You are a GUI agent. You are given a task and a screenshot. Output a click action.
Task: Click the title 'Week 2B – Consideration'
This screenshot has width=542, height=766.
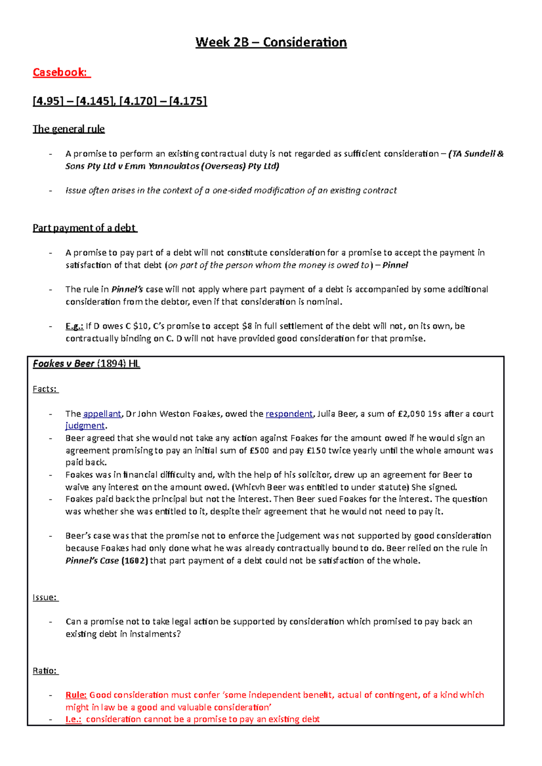[x=271, y=42]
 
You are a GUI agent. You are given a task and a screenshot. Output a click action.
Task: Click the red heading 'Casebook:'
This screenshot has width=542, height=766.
[x=61, y=72]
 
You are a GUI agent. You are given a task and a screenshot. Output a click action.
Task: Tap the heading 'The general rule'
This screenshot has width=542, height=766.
[x=69, y=129]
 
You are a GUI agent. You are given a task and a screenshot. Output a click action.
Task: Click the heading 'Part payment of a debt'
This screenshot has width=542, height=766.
[x=84, y=228]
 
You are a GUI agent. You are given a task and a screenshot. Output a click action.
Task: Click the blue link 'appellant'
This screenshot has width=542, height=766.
[x=102, y=414]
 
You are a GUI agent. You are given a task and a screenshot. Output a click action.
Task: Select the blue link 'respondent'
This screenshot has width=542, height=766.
[x=289, y=414]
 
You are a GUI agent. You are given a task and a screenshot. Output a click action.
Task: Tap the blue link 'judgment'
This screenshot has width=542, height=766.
[x=85, y=426]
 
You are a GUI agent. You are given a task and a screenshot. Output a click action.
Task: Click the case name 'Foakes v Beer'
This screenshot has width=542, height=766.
[x=64, y=364]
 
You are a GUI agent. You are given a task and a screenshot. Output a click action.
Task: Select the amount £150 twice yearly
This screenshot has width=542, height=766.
[x=316, y=451]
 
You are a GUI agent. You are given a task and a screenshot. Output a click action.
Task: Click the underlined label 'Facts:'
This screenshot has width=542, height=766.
[x=45, y=389]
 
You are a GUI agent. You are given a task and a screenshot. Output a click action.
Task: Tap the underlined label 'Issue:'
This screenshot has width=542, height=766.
[x=45, y=598]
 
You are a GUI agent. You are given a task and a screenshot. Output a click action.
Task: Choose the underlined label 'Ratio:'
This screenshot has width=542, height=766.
[x=45, y=671]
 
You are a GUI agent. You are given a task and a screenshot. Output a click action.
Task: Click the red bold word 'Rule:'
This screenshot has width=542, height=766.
[x=76, y=695]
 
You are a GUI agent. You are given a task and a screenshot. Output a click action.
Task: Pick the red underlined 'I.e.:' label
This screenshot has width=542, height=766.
[x=74, y=720]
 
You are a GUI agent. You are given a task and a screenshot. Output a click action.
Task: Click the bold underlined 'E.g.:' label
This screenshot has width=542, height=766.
[x=74, y=326]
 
